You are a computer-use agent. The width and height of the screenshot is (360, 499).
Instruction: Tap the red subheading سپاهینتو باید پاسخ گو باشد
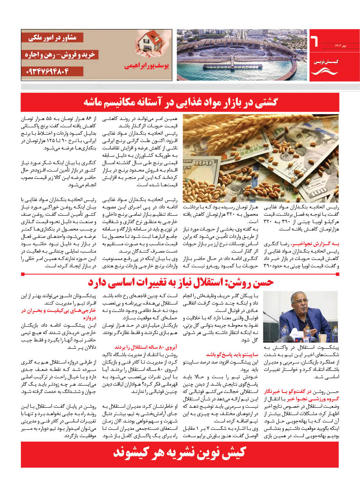click(225, 354)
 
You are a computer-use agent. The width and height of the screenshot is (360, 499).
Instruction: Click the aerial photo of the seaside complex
click(242, 55)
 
